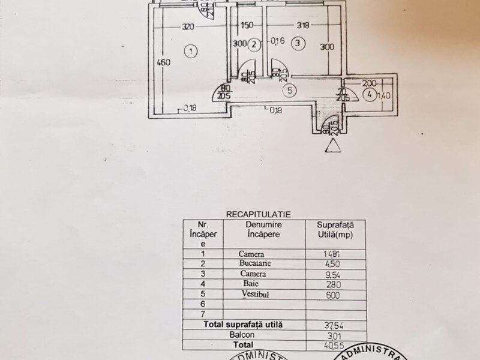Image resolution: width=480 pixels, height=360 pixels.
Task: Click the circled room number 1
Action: coord(190,51)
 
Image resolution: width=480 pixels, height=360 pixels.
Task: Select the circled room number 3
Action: coord(297,43)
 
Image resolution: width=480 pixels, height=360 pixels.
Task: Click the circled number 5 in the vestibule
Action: coord(290,91)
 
